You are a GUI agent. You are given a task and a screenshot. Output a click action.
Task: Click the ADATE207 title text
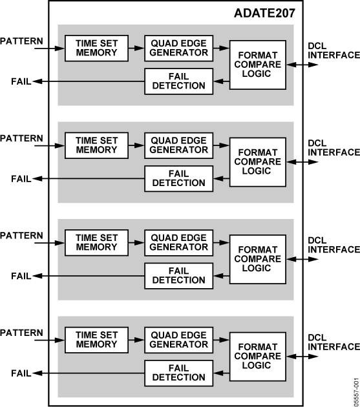(x=264, y=13)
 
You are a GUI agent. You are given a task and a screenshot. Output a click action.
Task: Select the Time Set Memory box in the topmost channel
(x=96, y=48)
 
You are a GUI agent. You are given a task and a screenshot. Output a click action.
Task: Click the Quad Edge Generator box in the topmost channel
(x=178, y=48)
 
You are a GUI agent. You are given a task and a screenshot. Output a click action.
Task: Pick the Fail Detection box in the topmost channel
(x=178, y=81)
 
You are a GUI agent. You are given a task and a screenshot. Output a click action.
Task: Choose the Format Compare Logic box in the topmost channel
(x=258, y=65)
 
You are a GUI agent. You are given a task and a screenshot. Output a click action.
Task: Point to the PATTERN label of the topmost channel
(x=21, y=41)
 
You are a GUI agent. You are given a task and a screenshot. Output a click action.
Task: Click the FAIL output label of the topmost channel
(x=21, y=81)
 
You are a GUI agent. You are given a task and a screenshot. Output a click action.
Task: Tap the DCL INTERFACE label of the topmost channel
(x=334, y=50)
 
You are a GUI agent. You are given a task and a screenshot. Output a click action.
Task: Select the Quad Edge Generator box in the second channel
(x=178, y=145)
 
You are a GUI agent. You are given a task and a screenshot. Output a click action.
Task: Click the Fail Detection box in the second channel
(x=178, y=178)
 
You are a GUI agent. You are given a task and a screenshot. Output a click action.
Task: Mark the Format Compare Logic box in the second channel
(x=258, y=162)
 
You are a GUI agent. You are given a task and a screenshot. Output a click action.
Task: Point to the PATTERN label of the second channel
(x=21, y=138)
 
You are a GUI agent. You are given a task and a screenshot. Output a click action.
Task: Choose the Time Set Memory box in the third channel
(x=96, y=243)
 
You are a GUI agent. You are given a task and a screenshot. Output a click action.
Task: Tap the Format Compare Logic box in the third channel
(x=258, y=259)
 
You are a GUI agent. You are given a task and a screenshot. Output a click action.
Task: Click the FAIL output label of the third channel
(x=21, y=276)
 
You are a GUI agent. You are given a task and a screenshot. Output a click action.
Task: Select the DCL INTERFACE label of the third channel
(x=334, y=245)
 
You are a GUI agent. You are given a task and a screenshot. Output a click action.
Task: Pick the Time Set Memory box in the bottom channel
(x=96, y=340)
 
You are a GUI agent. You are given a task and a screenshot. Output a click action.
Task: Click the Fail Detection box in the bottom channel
(x=178, y=373)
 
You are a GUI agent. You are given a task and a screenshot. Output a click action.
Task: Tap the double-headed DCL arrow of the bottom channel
(x=302, y=357)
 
